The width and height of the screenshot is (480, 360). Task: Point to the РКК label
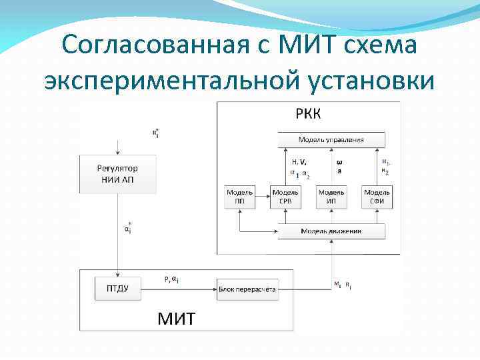tap(308, 113)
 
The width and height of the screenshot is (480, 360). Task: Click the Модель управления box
tap(331, 141)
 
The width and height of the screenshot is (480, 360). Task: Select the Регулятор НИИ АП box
tap(117, 175)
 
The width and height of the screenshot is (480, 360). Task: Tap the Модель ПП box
tap(239, 196)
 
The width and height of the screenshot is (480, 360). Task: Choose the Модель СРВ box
tap(285, 196)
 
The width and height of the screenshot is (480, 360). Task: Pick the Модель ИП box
tap(331, 196)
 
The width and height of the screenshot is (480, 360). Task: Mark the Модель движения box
tap(331, 231)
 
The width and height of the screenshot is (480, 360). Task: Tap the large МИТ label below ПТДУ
tap(176, 317)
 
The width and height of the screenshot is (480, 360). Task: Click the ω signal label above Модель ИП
tap(339, 161)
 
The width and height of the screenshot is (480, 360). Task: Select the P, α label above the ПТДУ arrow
tap(171, 279)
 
